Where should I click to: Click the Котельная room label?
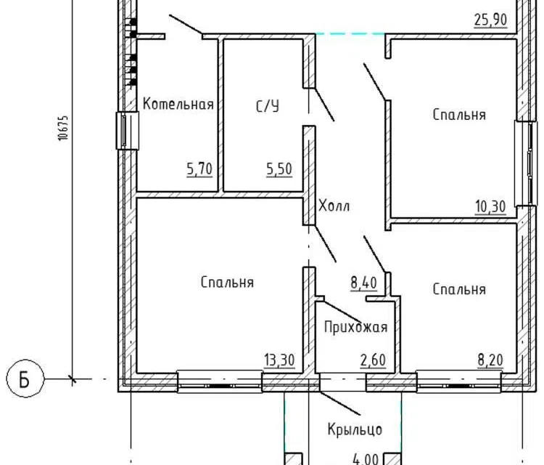pos(178,104)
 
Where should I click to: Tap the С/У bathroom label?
pos(268,106)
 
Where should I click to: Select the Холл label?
pos(334,206)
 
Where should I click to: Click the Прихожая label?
pos(355,327)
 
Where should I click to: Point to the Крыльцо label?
pos(355,429)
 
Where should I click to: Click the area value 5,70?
pos(199,169)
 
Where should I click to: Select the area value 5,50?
pos(279,169)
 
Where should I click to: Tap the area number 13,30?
pos(280,360)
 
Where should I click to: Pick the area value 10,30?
pos(490,207)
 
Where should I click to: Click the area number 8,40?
pos(363,283)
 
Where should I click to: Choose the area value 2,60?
pos(373,360)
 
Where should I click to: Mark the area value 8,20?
pos(490,360)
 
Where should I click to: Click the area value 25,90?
pos(490,20)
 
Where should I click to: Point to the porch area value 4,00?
pos(366,459)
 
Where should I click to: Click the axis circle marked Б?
pos(25,379)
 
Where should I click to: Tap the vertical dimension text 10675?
pos(63,128)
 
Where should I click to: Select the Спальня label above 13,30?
pos(227,282)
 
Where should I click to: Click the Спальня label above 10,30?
pos(459,115)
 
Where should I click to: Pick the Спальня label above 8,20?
pos(459,289)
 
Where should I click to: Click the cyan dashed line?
pos(350,33)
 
